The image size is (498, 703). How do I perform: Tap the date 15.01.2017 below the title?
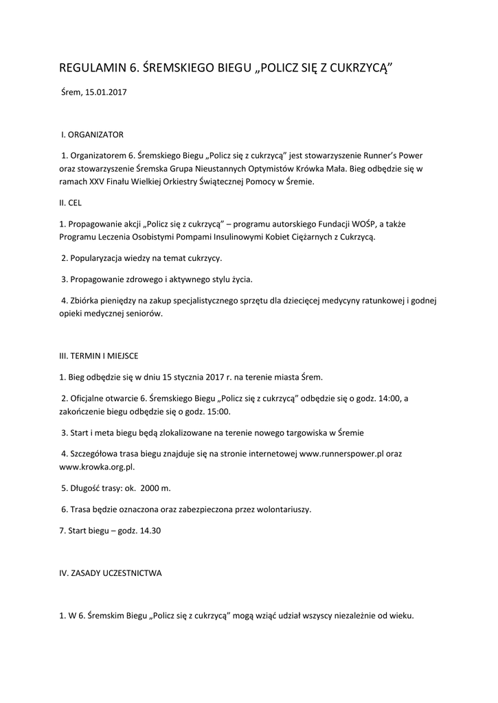coord(106,91)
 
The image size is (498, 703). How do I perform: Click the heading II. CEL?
coord(71,203)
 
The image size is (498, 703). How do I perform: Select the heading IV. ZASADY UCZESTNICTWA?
coord(111,573)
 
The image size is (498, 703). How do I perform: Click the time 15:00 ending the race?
coord(218,412)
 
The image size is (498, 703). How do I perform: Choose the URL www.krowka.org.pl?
coord(96,467)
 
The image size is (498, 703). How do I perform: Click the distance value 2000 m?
coord(155,487)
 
